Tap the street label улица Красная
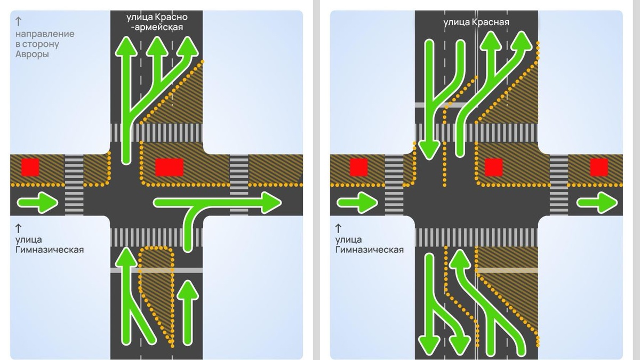pyautogui.click(x=476, y=22)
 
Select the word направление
pyautogui.click(x=45, y=34)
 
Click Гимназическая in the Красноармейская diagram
pyautogui.click(x=50, y=249)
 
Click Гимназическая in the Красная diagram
pyautogui.click(x=370, y=249)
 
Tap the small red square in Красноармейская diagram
pyautogui.click(x=30, y=167)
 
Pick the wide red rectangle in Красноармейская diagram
pyautogui.click(x=169, y=167)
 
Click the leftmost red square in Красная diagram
pyautogui.click(x=358, y=167)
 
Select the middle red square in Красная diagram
pyautogui.click(x=493, y=167)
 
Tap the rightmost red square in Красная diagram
pyautogui.click(x=600, y=167)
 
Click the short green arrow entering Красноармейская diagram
pyautogui.click(x=38, y=202)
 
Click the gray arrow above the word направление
pyautogui.click(x=19, y=21)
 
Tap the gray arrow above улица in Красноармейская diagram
pyautogui.click(x=19, y=228)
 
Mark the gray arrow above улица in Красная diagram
pyautogui.click(x=339, y=228)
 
